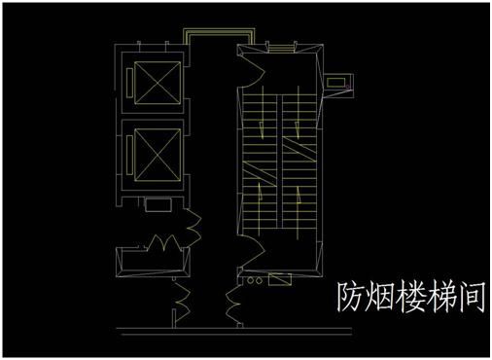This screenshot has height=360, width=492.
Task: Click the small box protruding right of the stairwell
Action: [339, 83]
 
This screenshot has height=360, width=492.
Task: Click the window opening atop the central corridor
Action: [206, 34]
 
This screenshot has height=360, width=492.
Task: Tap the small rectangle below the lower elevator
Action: [154, 205]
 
